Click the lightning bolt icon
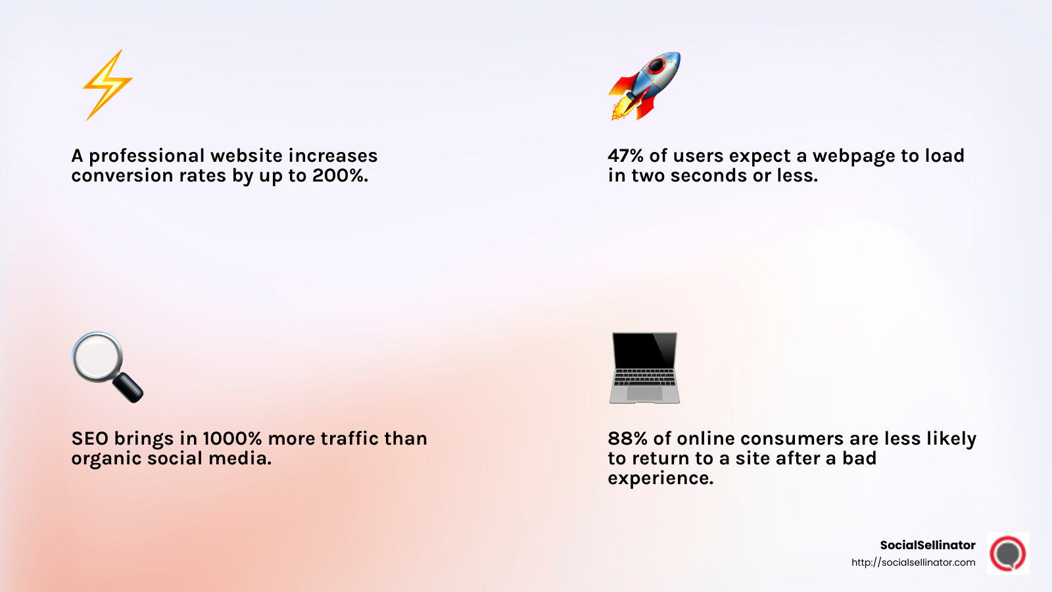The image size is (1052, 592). tap(107, 84)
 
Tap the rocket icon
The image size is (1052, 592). tap(644, 86)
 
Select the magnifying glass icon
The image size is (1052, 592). tap(107, 366)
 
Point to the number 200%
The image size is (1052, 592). tap(340, 176)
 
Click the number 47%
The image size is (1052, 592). tap(625, 156)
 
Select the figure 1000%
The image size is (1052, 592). tap(232, 439)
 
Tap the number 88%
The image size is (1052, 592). tap(627, 439)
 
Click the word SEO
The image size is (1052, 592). tap(89, 439)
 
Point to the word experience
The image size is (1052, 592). tap(660, 478)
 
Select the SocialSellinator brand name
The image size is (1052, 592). tap(927, 545)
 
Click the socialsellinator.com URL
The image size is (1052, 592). tap(913, 562)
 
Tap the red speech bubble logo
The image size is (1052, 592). tap(1008, 553)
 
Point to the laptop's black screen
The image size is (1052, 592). tap(644, 351)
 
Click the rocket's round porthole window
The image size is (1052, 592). tap(657, 66)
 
